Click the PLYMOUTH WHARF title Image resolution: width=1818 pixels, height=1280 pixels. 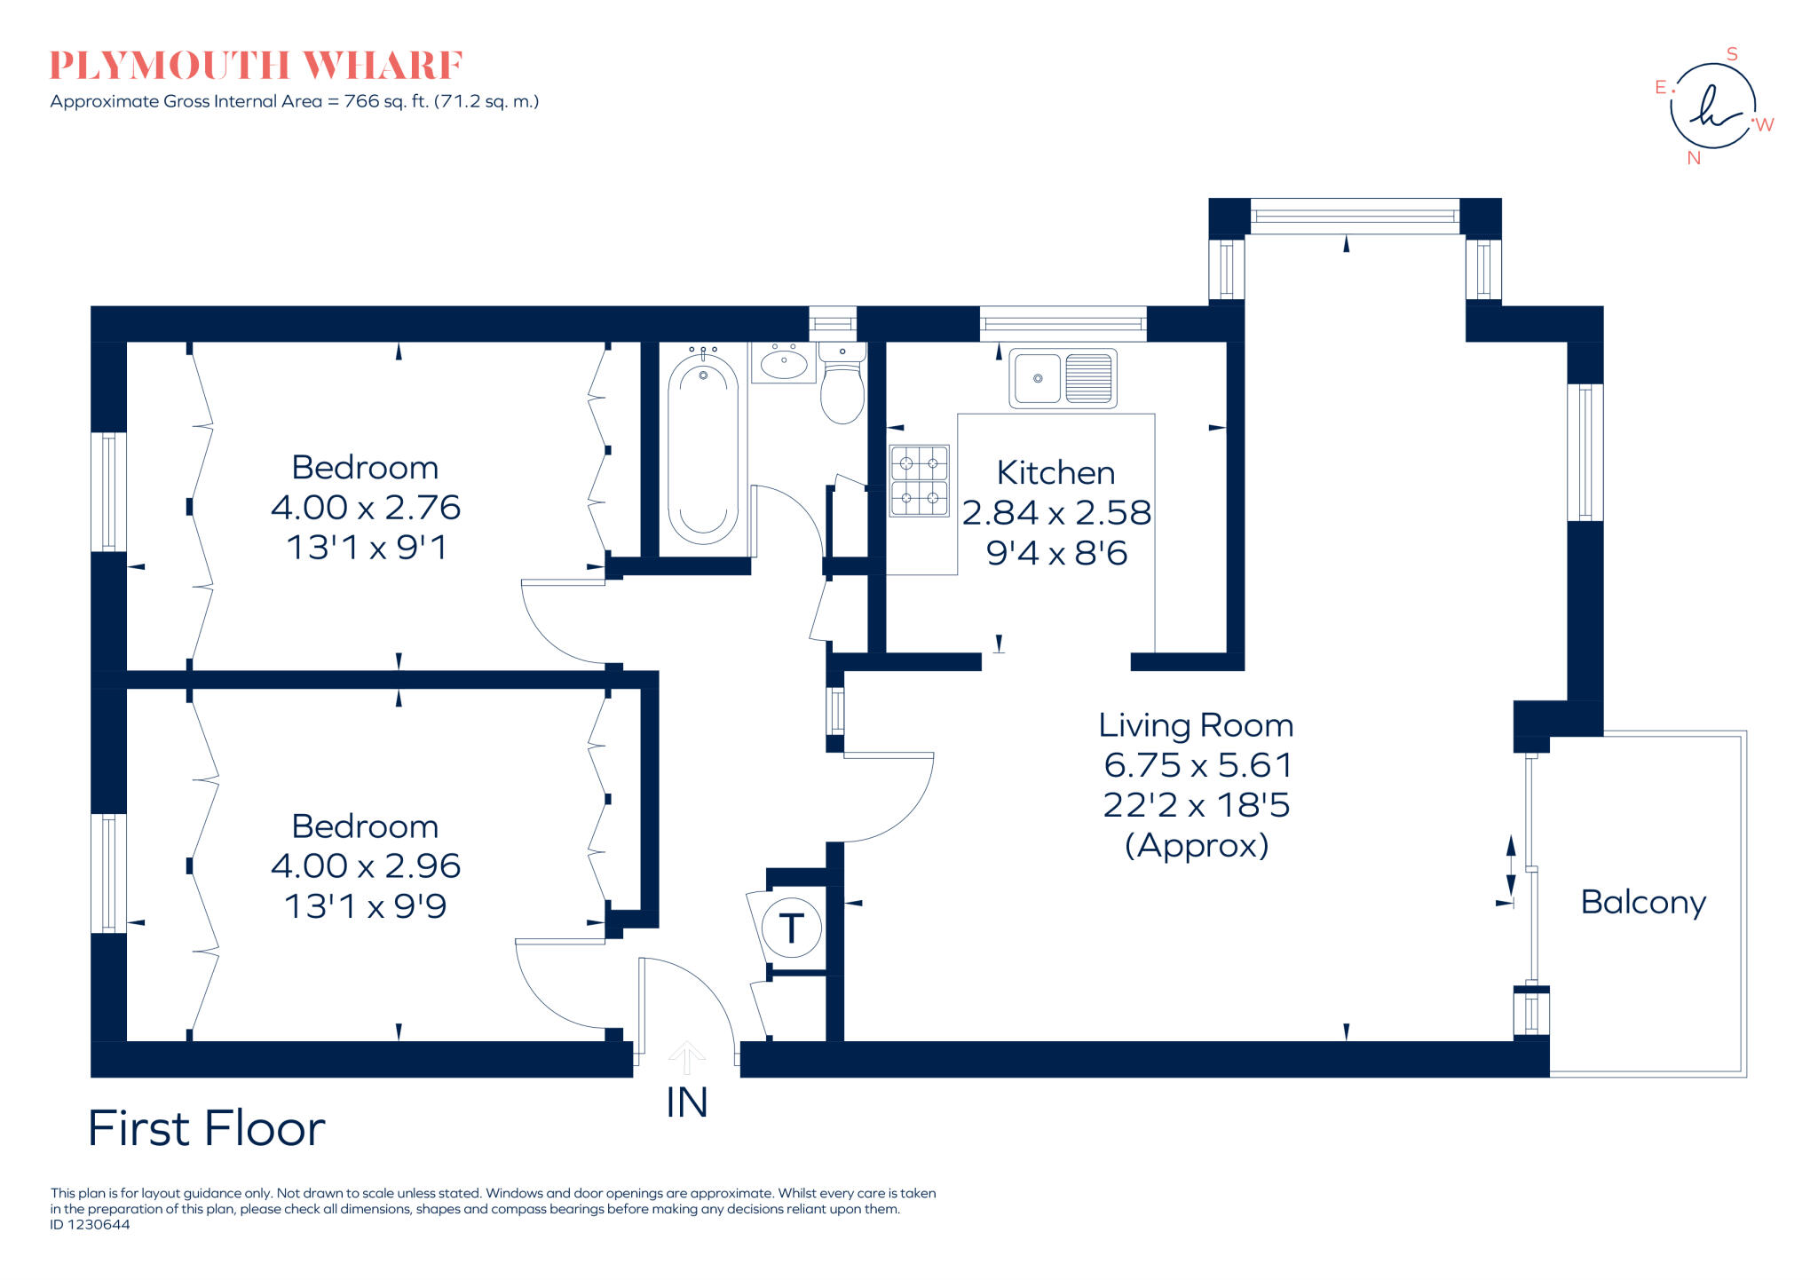pyautogui.click(x=256, y=66)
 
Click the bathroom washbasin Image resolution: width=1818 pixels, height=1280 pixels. pyautogui.click(x=783, y=363)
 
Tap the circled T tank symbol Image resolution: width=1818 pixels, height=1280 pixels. pyautogui.click(x=791, y=928)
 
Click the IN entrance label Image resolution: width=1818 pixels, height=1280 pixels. pyautogui.click(x=686, y=1103)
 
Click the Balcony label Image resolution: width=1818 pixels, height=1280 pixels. pyautogui.click(x=1643, y=903)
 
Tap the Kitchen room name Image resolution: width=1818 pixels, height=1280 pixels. pyautogui.click(x=1055, y=473)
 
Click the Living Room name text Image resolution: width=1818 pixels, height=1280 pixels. pyautogui.click(x=1196, y=726)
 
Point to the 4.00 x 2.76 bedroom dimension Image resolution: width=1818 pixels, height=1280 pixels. pyautogui.click(x=366, y=508)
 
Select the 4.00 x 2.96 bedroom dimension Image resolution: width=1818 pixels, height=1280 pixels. pyautogui.click(x=366, y=866)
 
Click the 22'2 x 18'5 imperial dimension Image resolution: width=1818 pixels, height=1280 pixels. pyautogui.click(x=1196, y=806)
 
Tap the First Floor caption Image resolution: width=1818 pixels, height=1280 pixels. pyautogui.click(x=207, y=1129)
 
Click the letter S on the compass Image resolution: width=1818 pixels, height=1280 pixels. pyautogui.click(x=1731, y=54)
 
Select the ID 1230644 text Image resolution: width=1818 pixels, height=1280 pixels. pyautogui.click(x=90, y=1225)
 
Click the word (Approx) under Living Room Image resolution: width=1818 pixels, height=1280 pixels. pyautogui.click(x=1196, y=846)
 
